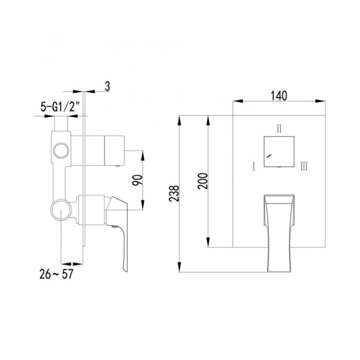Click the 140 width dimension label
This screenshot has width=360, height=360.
279,96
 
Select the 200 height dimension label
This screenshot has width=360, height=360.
203,181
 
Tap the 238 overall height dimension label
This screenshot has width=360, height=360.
174,194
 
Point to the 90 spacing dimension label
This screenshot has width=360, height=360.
137,180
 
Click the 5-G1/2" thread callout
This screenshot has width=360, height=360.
60,107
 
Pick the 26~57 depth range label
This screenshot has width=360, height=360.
56,274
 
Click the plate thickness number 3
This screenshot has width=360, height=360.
107,86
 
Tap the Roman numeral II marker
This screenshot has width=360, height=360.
279,128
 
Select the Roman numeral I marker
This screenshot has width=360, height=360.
254,166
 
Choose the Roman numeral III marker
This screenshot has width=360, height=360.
304,166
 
